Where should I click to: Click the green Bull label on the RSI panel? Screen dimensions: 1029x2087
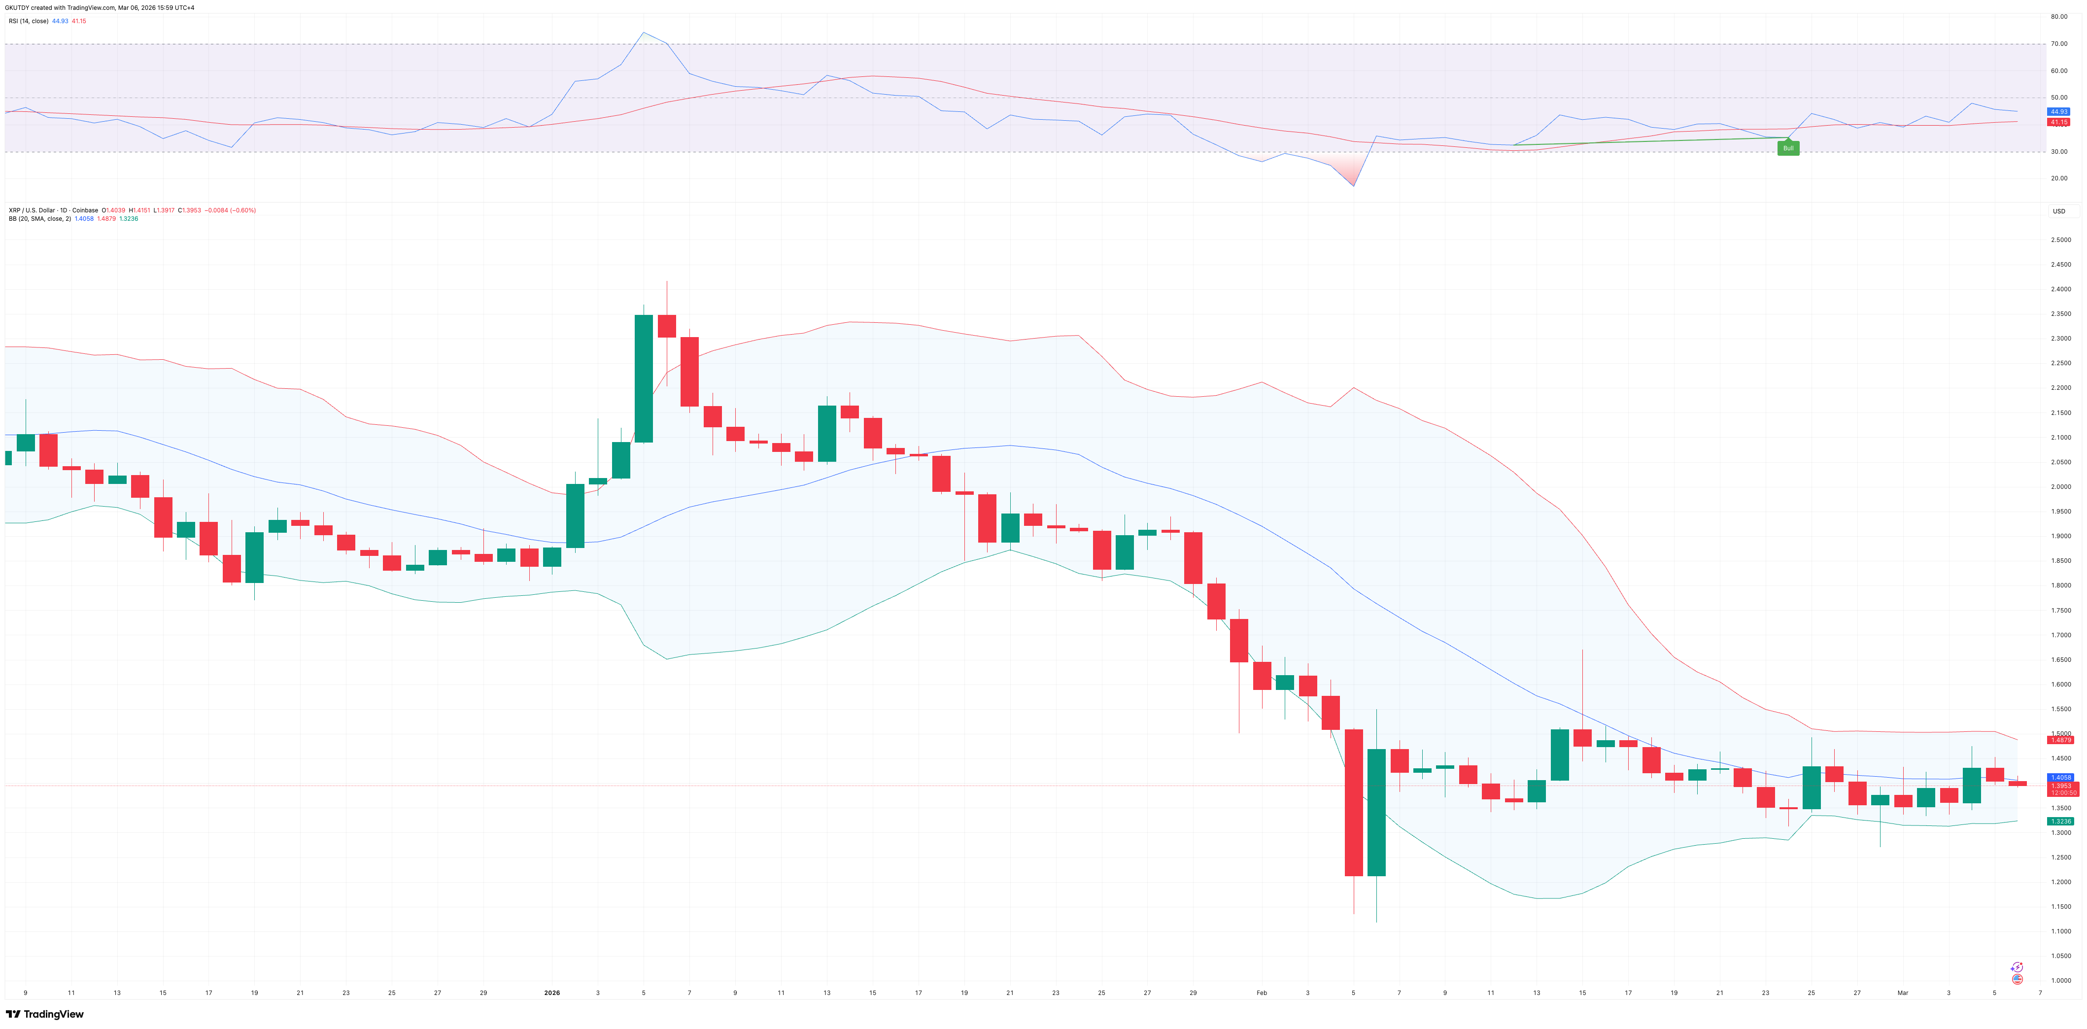[1788, 148]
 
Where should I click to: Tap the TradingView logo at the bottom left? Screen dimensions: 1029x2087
[45, 1014]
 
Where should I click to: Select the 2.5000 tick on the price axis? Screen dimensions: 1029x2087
[2061, 240]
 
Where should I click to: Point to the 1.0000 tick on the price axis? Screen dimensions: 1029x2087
[2061, 980]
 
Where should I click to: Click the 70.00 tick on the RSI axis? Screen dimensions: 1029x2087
[2058, 44]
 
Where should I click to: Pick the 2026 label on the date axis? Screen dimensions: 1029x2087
[552, 993]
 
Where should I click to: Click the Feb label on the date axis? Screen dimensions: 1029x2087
[1262, 993]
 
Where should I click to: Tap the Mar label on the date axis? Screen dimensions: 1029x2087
[1903, 993]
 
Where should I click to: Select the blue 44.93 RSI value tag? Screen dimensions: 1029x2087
[2058, 112]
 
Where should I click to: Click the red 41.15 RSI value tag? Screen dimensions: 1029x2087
[2058, 122]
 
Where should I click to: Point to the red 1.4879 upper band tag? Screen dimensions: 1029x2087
[2061, 740]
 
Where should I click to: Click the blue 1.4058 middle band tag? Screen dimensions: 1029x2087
[2061, 777]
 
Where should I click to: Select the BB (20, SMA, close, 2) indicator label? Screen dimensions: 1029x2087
[39, 219]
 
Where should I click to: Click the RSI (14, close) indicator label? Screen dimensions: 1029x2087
[29, 21]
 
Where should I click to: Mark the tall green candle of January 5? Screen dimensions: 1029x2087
[643, 378]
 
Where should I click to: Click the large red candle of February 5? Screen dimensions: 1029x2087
[1353, 802]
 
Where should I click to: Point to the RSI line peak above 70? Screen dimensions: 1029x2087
[643, 33]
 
